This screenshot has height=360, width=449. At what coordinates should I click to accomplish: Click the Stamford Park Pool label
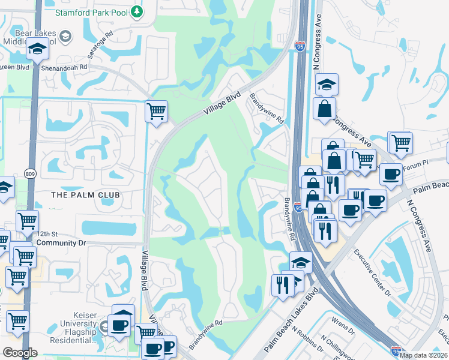click(x=92, y=12)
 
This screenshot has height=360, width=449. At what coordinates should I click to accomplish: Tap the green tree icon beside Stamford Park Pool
click(x=137, y=11)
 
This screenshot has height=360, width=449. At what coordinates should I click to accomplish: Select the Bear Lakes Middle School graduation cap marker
click(x=37, y=50)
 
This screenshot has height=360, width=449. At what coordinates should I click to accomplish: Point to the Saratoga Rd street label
click(x=100, y=45)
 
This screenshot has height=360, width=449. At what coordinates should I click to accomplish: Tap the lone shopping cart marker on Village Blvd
click(x=156, y=111)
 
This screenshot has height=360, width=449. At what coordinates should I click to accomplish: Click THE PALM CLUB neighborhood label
click(x=85, y=195)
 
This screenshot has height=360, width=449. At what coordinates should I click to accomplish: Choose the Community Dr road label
click(x=59, y=243)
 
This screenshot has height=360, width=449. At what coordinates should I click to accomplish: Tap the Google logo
click(x=20, y=353)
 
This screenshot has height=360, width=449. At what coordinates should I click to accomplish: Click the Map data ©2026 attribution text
click(x=423, y=355)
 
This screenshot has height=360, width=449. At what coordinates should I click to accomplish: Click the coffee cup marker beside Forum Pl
click(x=390, y=175)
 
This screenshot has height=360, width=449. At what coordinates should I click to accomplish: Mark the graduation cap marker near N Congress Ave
click(x=327, y=85)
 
